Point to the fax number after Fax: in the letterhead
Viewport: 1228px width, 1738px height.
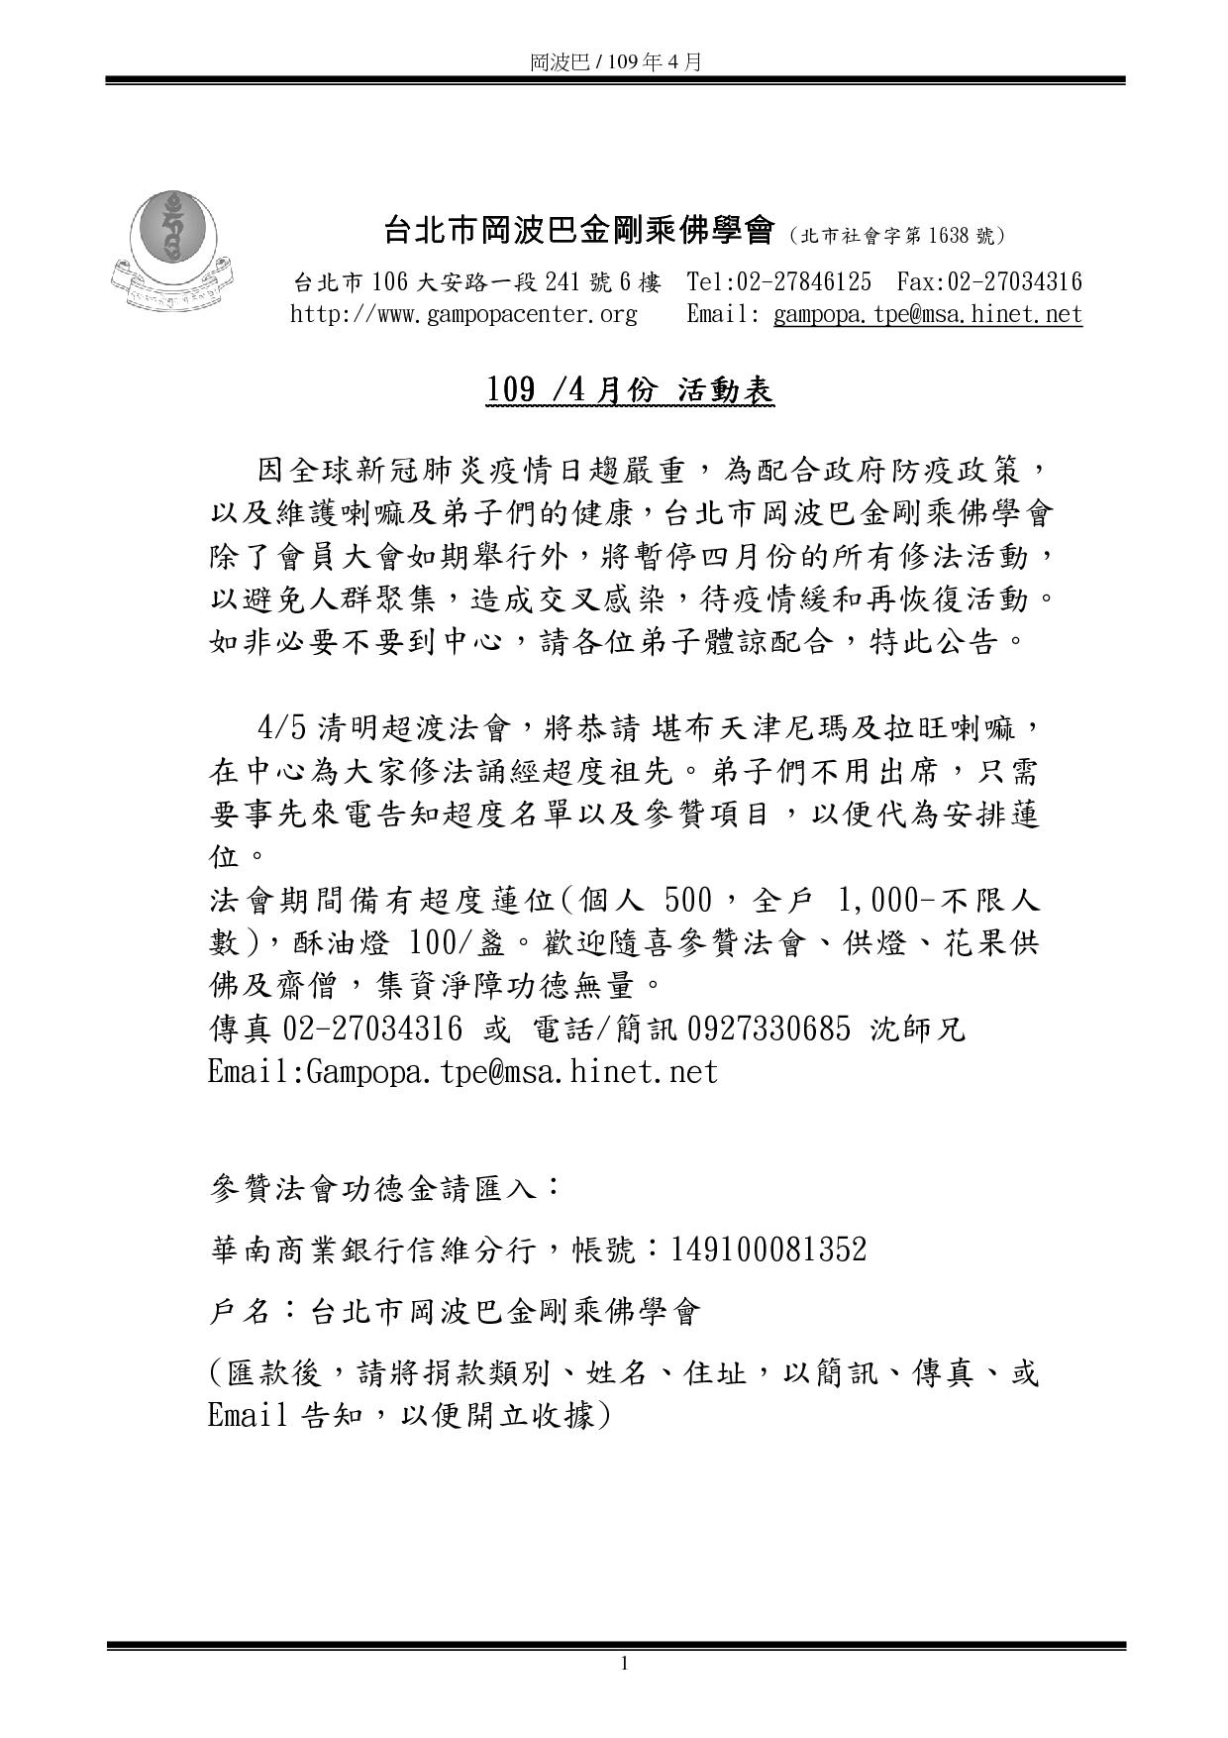point(1015,282)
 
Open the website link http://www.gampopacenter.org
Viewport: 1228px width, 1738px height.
point(463,315)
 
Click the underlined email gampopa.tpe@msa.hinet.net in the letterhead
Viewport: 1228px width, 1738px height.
point(927,315)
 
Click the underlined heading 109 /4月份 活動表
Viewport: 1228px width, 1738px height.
point(629,391)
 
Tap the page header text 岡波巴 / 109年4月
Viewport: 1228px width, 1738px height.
point(615,61)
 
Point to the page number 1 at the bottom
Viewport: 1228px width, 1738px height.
point(624,1663)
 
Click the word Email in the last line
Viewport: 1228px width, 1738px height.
point(249,1415)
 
